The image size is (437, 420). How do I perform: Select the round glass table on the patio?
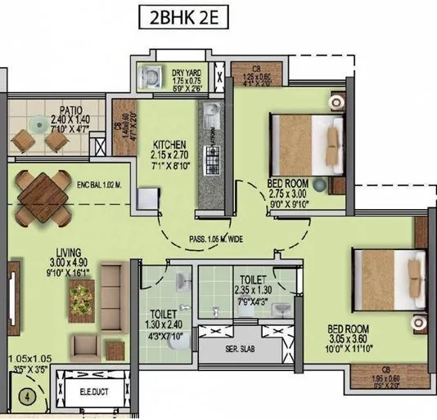[38, 124]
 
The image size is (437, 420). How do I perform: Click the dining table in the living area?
[42, 195]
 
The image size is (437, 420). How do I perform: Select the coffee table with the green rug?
[82, 299]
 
